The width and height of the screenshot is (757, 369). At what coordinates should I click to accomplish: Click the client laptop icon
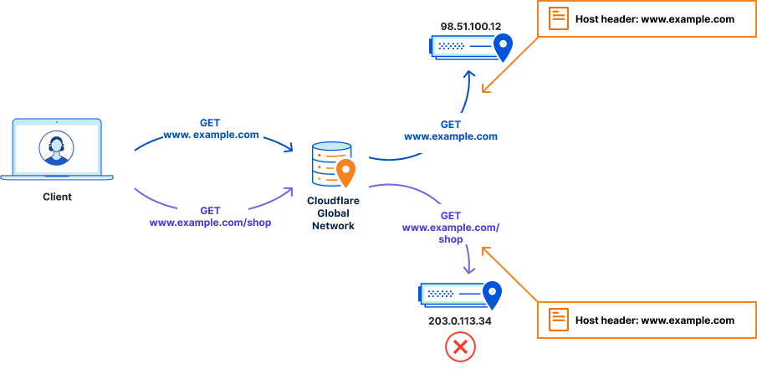coord(57,149)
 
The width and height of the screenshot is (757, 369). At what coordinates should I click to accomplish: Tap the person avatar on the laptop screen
coord(57,149)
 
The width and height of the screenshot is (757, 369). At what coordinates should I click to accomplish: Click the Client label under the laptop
coord(57,197)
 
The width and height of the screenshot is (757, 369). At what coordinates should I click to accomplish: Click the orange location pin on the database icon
coord(345,172)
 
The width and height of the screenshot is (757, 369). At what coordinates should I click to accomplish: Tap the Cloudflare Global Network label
coord(332,213)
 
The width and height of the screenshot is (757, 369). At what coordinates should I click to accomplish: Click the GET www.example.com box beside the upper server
coord(450,131)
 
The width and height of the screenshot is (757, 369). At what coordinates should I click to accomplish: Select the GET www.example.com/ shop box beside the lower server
coord(450,228)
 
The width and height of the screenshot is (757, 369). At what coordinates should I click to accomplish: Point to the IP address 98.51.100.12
coord(470,27)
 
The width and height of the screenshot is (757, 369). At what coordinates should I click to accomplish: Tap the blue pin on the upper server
coord(503,47)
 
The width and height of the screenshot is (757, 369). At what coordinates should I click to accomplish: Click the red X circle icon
coord(460,346)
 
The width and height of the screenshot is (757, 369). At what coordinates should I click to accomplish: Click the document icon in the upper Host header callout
coord(558,19)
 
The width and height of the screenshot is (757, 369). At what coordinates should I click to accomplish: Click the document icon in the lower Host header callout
coord(558,320)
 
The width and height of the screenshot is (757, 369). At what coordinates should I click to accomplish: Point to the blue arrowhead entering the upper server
coord(469,75)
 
